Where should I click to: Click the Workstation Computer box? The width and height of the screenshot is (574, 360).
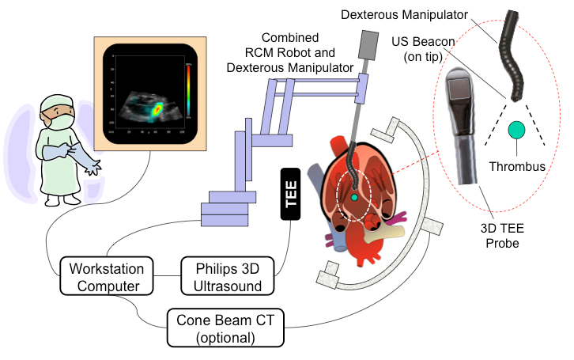[105, 276]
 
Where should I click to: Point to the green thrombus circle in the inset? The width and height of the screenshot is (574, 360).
[516, 129]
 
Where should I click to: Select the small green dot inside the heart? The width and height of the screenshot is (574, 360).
[355, 195]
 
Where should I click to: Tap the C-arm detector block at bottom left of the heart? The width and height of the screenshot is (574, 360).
[330, 278]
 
